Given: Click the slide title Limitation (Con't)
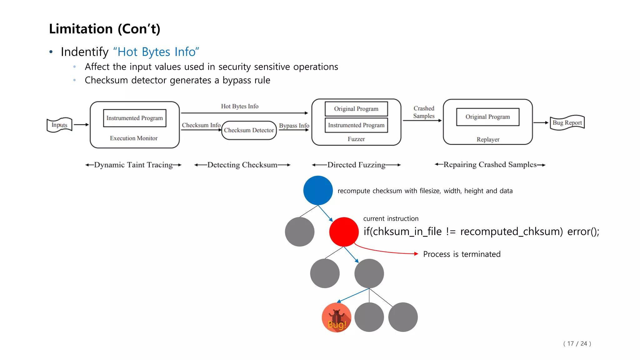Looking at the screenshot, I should pyautogui.click(x=105, y=29).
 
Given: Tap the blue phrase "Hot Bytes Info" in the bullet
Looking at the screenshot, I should pyautogui.click(x=156, y=52).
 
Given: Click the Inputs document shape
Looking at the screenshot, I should pyautogui.click(x=59, y=125).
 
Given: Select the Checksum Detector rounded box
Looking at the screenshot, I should pyautogui.click(x=249, y=130).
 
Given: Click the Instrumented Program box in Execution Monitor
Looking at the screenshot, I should pyautogui.click(x=134, y=118).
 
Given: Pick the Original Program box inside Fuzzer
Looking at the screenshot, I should pyautogui.click(x=356, y=109).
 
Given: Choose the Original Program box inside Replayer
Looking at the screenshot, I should pyautogui.click(x=487, y=117).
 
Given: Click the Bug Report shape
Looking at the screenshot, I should pyautogui.click(x=567, y=122).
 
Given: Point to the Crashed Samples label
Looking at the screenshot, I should pyautogui.click(x=424, y=112).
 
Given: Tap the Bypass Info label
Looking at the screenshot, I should pyautogui.click(x=294, y=126).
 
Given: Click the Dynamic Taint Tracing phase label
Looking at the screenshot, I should pyautogui.click(x=133, y=165).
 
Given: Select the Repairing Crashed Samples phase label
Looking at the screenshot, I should pyautogui.click(x=490, y=164).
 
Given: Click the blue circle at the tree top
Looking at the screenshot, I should pyautogui.click(x=318, y=191).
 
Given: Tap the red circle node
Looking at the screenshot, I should pyautogui.click(x=344, y=232).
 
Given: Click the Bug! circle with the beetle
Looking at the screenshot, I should pyautogui.click(x=337, y=317).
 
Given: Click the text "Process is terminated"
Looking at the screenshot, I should pyautogui.click(x=462, y=254).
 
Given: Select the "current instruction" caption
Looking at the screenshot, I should pyautogui.click(x=391, y=219).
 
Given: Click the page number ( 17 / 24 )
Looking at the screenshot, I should pyautogui.click(x=577, y=343).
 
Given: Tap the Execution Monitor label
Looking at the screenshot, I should pyautogui.click(x=133, y=138).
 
